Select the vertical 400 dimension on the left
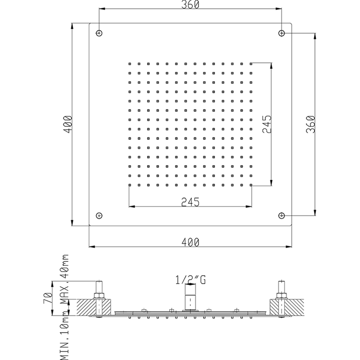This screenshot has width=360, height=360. click(x=68, y=123)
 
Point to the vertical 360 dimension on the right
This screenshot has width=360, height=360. click(x=310, y=123)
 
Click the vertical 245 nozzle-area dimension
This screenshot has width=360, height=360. click(x=267, y=123)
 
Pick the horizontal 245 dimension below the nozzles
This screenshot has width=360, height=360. click(x=190, y=202)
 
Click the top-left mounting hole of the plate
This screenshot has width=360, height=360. click(x=99, y=33)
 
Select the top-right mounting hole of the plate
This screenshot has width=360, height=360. click(x=281, y=33)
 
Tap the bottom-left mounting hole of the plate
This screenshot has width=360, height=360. click(x=99, y=215)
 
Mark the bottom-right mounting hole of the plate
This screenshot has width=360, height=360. click(x=281, y=215)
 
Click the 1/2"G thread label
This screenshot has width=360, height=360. click(x=190, y=280)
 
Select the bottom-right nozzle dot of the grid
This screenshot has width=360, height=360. click(x=251, y=184)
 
